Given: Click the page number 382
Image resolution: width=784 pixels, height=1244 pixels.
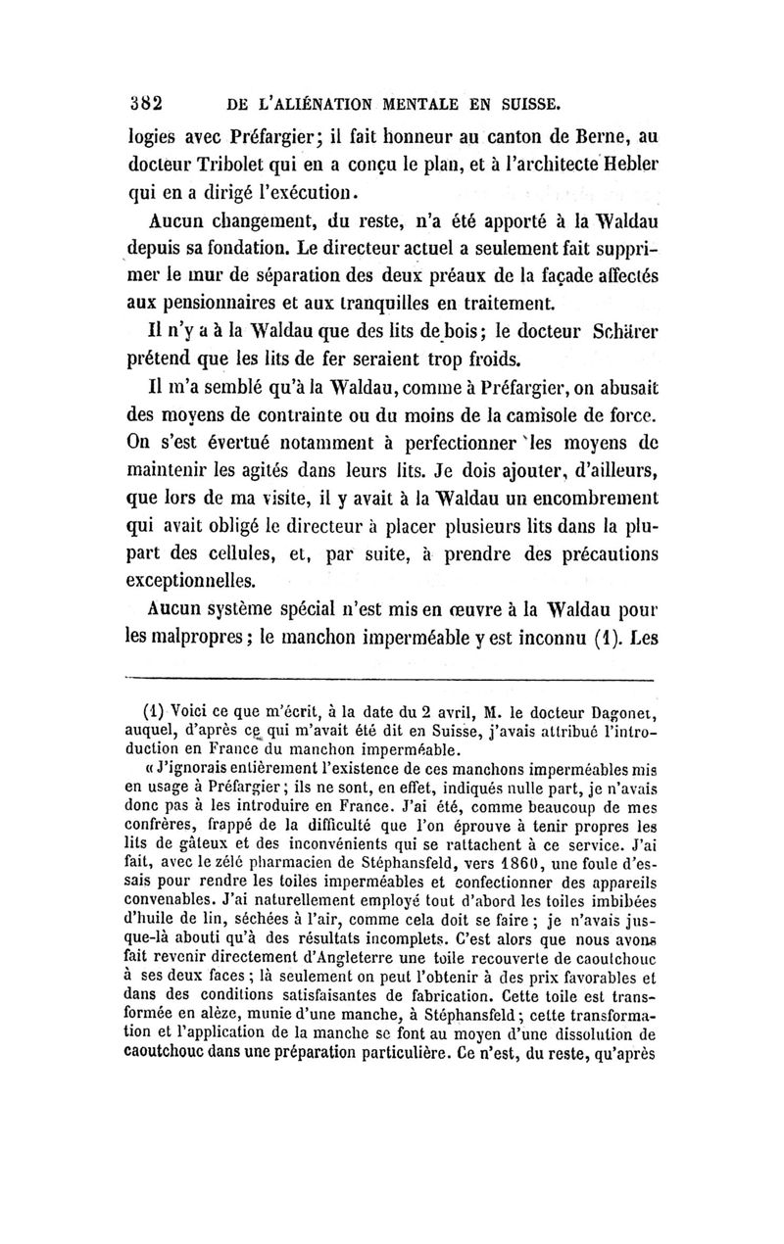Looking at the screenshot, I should pos(145,101).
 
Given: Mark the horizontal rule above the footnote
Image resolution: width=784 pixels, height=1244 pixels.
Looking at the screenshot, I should pos(389,679).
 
